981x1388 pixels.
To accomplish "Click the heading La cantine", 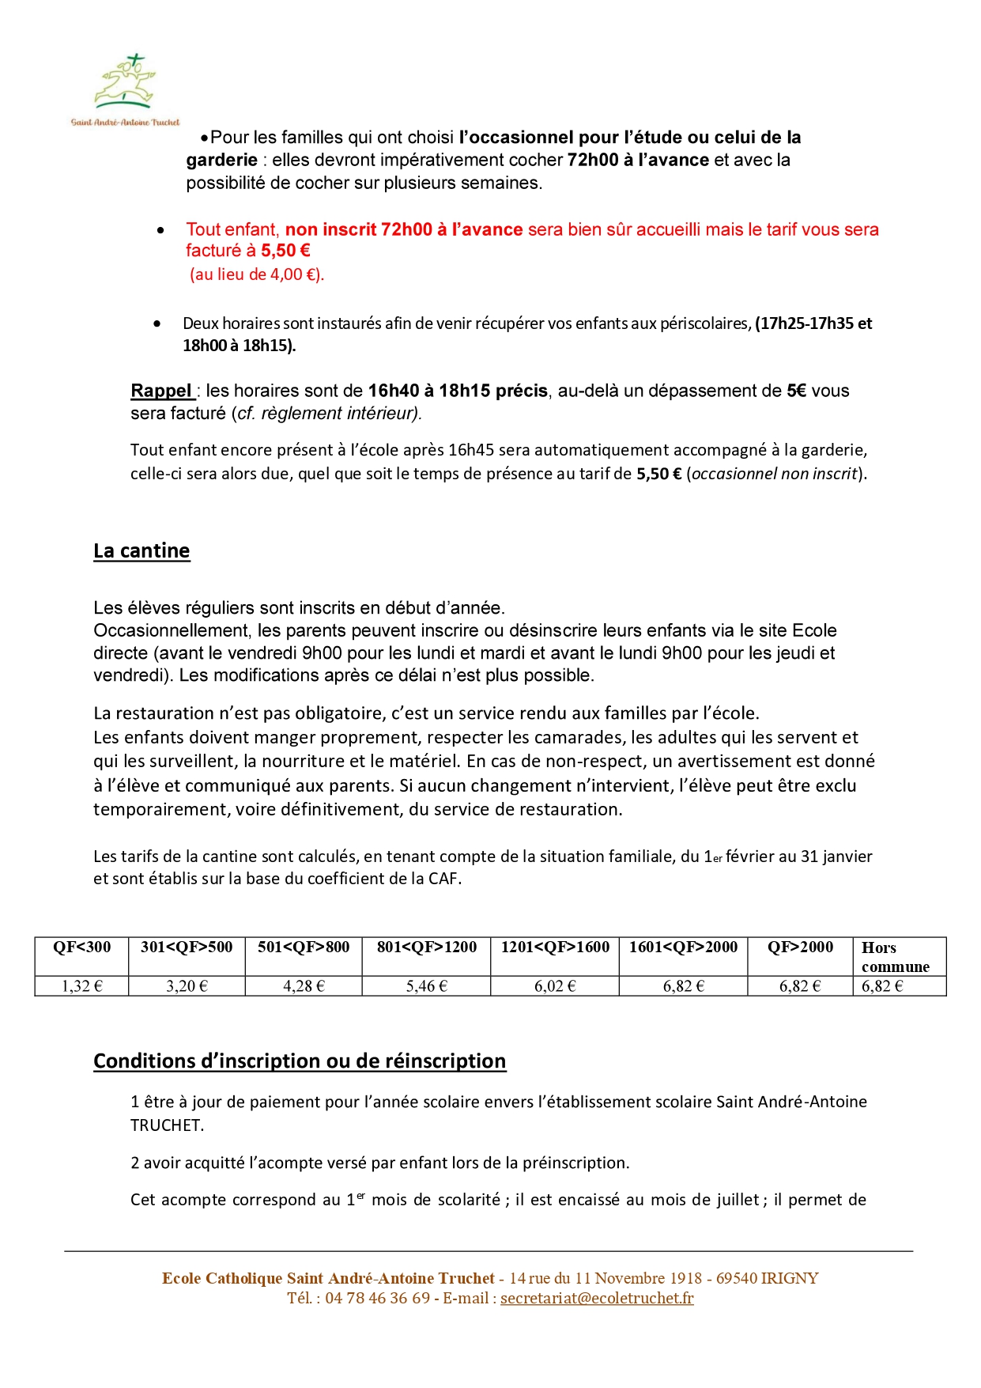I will pos(141,550).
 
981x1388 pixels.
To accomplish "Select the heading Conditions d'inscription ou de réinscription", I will pos(300,1061).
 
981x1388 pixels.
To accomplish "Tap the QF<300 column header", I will pos(82,947).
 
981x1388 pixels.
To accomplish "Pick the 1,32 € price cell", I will pos(82,986).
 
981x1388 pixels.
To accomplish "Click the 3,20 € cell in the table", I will pos(187,986).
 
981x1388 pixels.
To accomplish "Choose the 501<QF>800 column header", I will pos(304,947).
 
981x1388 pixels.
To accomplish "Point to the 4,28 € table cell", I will pos(304,986).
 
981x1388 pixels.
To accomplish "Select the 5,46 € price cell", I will pos(427,986).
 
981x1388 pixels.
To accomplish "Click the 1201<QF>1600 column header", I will pos(555,947).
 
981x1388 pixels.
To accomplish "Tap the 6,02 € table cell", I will pos(555,986).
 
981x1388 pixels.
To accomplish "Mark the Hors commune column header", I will pos(895,957).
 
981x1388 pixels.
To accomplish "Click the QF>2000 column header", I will pos(800,947).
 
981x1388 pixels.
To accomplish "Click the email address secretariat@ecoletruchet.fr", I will pos(597,1298).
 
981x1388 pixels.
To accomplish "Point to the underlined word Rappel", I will pos(162,391).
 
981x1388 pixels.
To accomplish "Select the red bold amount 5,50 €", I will pos(285,251).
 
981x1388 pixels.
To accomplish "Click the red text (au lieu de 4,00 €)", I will pos(257,274).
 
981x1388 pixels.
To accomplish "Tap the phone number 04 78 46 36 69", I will pos(377,1298).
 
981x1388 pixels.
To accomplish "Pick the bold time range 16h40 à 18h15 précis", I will pos(458,391).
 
